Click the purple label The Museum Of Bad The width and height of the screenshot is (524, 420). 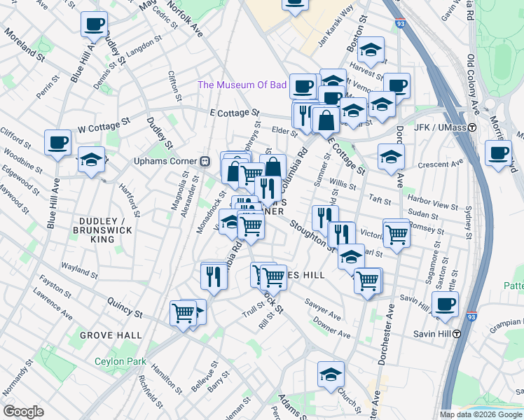pos(242,85)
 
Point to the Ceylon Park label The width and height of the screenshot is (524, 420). pos(121,362)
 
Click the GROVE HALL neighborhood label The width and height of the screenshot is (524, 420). pos(111,336)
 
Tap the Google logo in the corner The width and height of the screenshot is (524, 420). pos(23,412)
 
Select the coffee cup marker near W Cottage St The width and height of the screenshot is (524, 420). pos(57,142)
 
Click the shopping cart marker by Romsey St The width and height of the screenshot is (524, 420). pos(396,232)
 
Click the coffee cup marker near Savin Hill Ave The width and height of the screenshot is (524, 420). pos(445,304)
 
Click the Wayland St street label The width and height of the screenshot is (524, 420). pos(78,267)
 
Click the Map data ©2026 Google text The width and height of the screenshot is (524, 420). pos(481,414)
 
